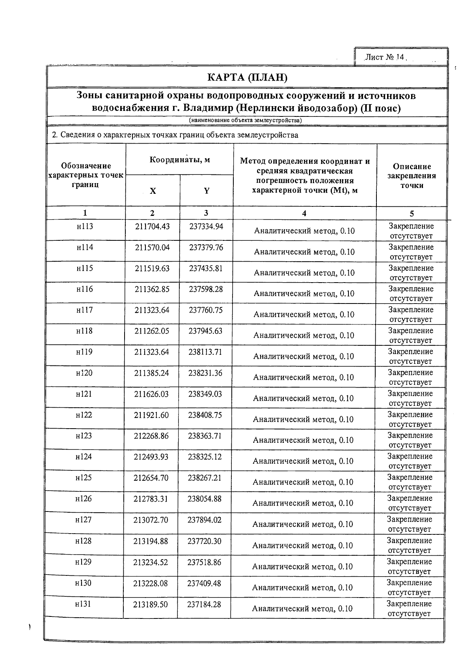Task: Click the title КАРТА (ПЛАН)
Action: tap(247, 77)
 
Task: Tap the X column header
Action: tap(153, 191)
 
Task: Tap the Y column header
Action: tap(206, 191)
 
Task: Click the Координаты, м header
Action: tap(179, 160)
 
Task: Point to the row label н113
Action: tap(85, 227)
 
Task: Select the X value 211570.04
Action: tap(152, 247)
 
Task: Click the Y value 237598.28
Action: tap(206, 289)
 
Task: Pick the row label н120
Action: tap(84, 373)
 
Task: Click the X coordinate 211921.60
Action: tap(151, 415)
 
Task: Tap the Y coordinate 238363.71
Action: tap(205, 436)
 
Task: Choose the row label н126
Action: tap(84, 499)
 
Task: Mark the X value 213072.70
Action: tap(151, 520)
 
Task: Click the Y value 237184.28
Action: tap(204, 604)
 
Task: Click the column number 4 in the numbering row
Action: tap(304, 214)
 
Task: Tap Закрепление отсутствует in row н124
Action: tap(410, 461)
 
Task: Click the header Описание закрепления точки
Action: tap(412, 176)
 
